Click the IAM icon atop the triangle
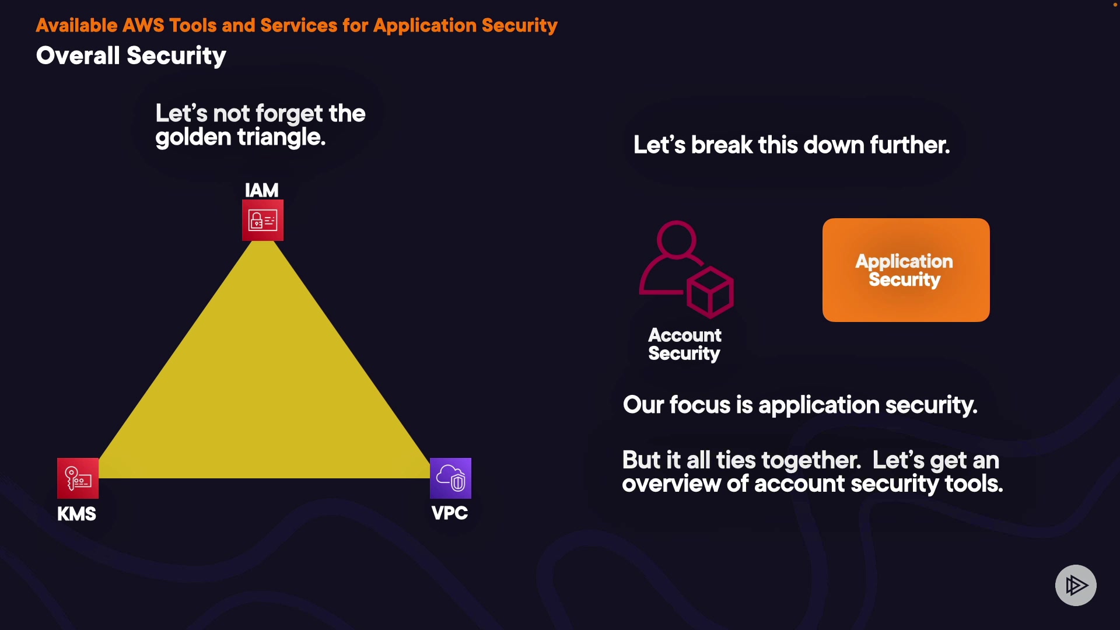pyautogui.click(x=262, y=220)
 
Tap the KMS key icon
pyautogui.click(x=78, y=478)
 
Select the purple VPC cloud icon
pyautogui.click(x=450, y=478)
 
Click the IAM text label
pyautogui.click(x=261, y=190)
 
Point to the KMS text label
pyautogui.click(x=76, y=514)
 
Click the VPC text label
pyautogui.click(x=449, y=513)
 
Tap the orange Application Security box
pyautogui.click(x=905, y=270)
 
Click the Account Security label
pyautogui.click(x=684, y=344)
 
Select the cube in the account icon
pyautogui.click(x=710, y=292)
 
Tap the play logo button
pyautogui.click(x=1076, y=585)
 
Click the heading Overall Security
pyautogui.click(x=131, y=56)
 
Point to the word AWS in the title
pyautogui.click(x=143, y=26)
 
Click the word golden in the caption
pyautogui.click(x=193, y=138)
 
